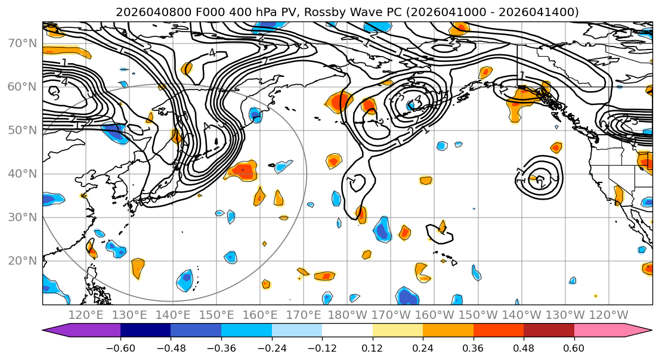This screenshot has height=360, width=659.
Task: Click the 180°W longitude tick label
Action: point(347,315)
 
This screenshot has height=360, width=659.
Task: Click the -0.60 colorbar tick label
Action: point(120,348)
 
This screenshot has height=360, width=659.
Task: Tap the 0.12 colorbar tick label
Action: point(373,348)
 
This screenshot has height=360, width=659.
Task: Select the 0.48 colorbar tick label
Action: point(524,348)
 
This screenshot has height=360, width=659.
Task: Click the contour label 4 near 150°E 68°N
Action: point(212,52)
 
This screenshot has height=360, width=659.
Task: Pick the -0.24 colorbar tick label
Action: point(271,348)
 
